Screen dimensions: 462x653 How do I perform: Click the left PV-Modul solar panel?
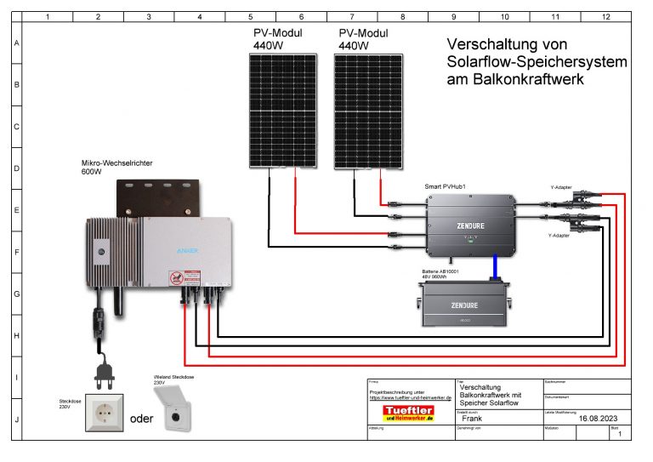point(284,111)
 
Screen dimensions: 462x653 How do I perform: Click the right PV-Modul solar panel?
point(369,111)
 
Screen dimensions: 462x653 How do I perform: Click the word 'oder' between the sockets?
point(141,419)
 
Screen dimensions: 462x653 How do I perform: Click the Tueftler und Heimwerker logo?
point(408,414)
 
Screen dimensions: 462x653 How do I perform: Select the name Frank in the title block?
point(473,419)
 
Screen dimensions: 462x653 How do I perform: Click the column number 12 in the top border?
point(605,16)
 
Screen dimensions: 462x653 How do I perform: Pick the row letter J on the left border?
point(17,419)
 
